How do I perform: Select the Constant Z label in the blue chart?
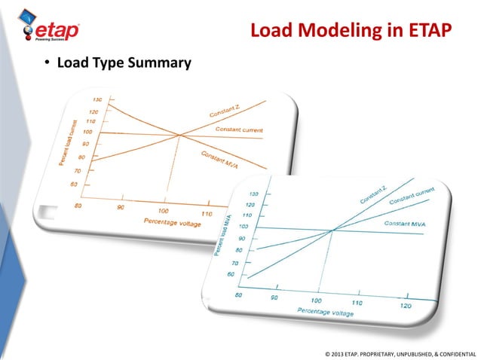click(375, 194)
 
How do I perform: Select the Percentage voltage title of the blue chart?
click(326, 310)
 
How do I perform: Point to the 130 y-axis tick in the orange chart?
click(97, 100)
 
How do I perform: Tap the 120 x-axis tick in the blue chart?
click(406, 306)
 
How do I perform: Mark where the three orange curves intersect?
click(179, 135)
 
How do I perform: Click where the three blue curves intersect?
click(332, 230)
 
